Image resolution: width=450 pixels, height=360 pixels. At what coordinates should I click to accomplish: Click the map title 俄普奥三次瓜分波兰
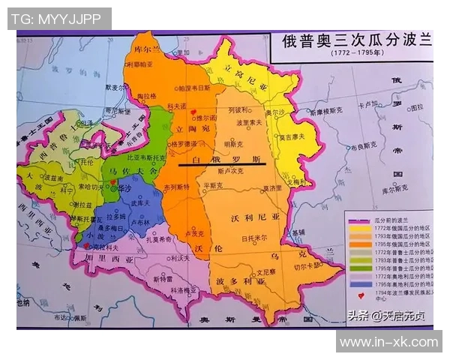(357, 40)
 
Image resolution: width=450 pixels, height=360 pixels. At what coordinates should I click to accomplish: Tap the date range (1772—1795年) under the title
(357, 54)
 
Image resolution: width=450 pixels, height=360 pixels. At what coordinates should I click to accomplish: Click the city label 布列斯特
(174, 186)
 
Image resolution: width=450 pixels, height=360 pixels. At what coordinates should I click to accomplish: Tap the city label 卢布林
(139, 223)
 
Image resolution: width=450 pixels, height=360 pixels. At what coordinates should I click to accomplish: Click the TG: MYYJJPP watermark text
(59, 19)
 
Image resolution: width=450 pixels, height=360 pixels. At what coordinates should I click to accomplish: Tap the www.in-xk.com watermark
(388, 341)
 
